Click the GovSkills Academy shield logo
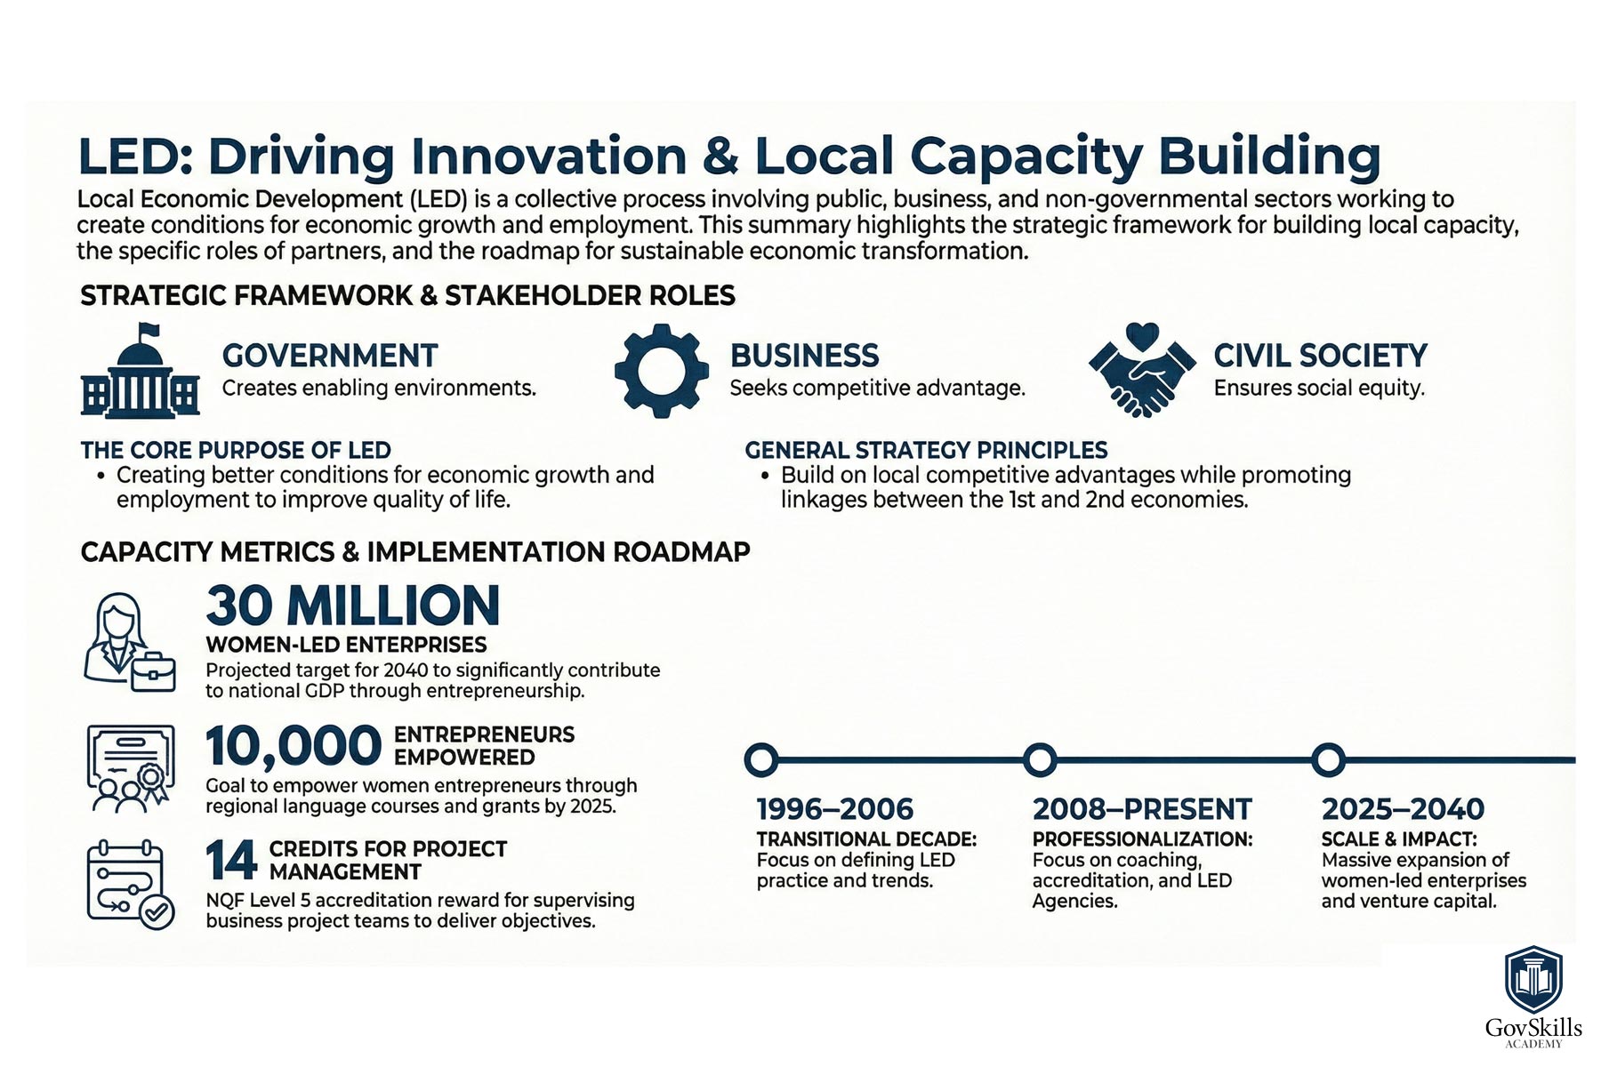[1533, 979]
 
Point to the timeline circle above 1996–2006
[760, 760]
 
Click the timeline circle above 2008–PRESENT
[1040, 760]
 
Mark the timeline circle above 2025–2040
[1328, 760]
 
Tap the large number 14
[231, 860]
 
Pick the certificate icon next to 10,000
[131, 767]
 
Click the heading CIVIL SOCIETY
[1321, 356]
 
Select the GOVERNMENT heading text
[330, 356]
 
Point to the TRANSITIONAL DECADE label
[866, 839]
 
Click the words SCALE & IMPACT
[1399, 839]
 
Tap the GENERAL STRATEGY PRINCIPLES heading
[926, 450]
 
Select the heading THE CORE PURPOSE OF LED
[236, 450]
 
